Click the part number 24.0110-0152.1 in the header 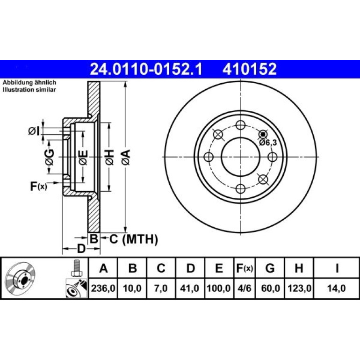(146, 69)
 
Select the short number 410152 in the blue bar (249, 69)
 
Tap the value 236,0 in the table (103, 288)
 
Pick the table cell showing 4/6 (245, 288)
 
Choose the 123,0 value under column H (299, 288)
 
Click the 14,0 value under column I (336, 288)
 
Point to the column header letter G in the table (270, 268)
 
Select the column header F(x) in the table (245, 268)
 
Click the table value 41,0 (189, 288)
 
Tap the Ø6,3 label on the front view (268, 143)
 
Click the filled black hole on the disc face (263, 134)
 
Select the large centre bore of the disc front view (240, 157)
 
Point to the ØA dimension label (126, 157)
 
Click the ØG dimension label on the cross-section (50, 157)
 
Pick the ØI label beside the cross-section (34, 131)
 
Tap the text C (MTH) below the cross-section (133, 239)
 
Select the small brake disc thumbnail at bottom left (21, 278)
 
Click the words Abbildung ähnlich (29, 82)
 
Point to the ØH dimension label (109, 157)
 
